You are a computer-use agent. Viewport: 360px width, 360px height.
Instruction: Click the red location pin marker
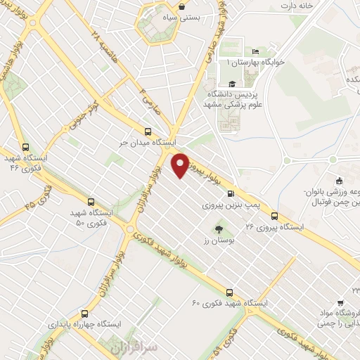(181, 164)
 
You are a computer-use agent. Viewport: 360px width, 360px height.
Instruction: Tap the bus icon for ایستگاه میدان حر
(148, 131)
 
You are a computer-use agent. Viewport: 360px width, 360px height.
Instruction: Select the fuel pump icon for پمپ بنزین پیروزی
(230, 195)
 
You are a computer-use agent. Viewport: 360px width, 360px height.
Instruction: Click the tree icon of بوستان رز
(219, 229)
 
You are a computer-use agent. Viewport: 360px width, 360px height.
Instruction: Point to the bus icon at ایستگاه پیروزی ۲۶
(274, 216)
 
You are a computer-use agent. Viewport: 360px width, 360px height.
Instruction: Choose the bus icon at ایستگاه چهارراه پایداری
(85, 314)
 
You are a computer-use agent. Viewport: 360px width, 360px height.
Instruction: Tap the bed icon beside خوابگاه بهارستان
(255, 51)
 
